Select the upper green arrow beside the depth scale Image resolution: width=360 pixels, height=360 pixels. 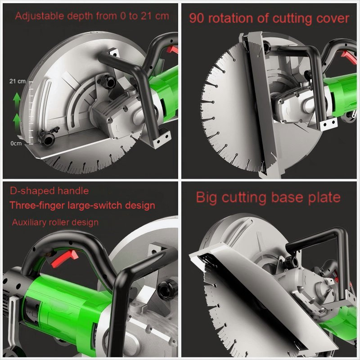(x=17, y=99)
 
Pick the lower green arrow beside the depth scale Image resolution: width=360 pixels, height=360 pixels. (x=17, y=120)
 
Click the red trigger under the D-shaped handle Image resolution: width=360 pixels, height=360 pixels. (x=64, y=258)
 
